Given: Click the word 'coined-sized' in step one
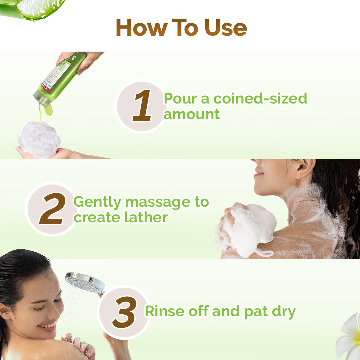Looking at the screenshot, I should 260,99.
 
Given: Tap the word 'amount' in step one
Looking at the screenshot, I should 191,114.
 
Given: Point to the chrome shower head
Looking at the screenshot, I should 85,282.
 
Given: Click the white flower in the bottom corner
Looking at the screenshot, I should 349,336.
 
